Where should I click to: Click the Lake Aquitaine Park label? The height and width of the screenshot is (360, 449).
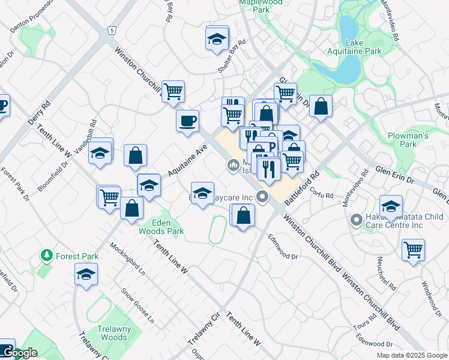(363, 47)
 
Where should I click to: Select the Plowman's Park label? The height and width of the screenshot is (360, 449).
(408, 140)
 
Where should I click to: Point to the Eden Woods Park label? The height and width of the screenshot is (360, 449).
(161, 226)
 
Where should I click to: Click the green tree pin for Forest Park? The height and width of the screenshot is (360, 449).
(46, 256)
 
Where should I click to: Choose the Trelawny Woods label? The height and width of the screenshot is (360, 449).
(113, 333)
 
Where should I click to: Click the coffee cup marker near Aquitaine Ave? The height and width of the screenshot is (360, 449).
(187, 121)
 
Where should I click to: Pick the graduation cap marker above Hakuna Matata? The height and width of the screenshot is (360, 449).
(391, 207)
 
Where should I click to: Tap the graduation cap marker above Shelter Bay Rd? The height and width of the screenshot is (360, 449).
(217, 39)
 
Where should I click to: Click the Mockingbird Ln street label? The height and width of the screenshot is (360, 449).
(128, 258)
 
